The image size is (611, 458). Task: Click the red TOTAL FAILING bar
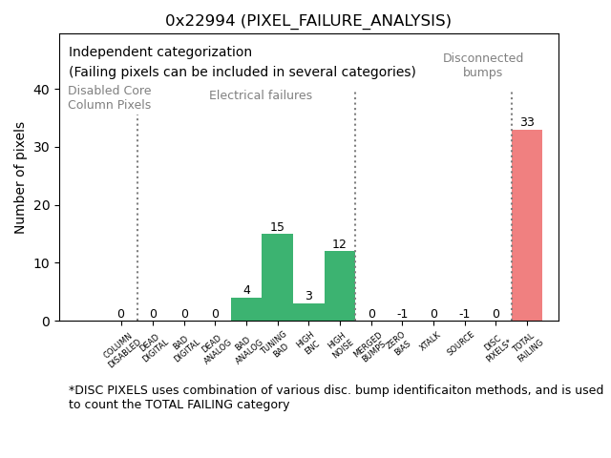tap(527, 225)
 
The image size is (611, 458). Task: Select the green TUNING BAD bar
tap(277, 277)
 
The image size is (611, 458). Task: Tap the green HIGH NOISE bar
tap(340, 285)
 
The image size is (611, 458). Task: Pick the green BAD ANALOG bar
tap(246, 309)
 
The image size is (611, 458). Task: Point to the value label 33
tap(527, 122)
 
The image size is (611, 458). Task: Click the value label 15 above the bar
tap(277, 227)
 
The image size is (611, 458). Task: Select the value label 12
tap(340, 244)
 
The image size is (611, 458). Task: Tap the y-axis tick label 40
tap(42, 90)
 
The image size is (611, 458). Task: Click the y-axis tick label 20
tap(42, 205)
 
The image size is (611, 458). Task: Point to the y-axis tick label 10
tap(42, 263)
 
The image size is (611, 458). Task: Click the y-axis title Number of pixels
tap(21, 177)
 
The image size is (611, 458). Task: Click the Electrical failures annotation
tap(261, 95)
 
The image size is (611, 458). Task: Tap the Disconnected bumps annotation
tap(483, 65)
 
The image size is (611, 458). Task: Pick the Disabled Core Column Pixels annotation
tap(109, 97)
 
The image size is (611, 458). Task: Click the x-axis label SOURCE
tap(461, 343)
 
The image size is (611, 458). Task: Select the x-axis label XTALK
tap(431, 342)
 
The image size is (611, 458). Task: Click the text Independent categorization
tap(160, 52)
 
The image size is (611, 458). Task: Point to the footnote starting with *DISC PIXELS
tap(335, 397)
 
